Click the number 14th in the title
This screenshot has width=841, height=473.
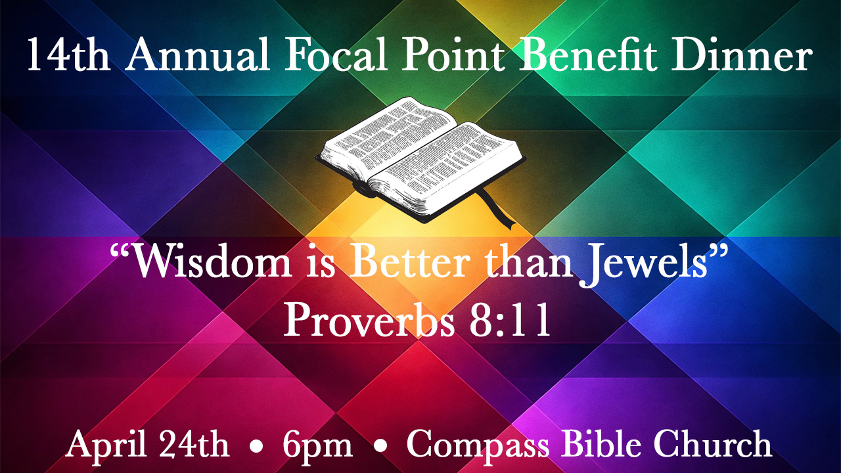(68, 56)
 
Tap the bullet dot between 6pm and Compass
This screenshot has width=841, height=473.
(379, 447)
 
